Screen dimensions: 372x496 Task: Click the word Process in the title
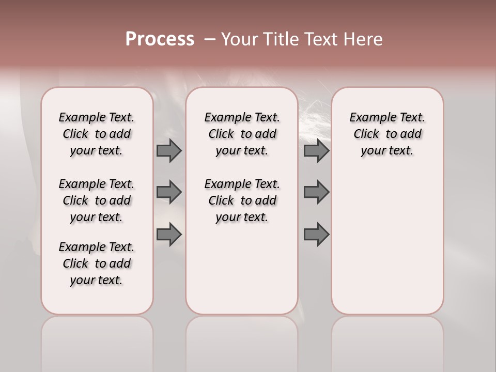click(x=160, y=39)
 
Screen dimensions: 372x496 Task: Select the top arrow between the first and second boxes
click(x=169, y=150)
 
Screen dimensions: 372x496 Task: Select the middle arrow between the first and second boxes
click(x=169, y=192)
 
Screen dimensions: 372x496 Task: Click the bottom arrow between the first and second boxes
click(x=169, y=235)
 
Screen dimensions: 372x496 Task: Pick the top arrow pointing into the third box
click(x=316, y=150)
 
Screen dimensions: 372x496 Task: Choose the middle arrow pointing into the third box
click(x=316, y=192)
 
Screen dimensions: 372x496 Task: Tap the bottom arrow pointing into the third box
click(x=316, y=235)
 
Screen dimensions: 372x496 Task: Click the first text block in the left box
click(x=97, y=134)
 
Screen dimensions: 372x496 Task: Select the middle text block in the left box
click(x=97, y=200)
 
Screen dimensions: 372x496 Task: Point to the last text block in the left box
click(x=97, y=263)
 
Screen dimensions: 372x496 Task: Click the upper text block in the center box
click(x=242, y=134)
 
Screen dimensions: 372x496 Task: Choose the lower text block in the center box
click(x=242, y=200)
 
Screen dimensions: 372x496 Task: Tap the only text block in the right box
click(x=387, y=134)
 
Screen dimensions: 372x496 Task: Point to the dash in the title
click(x=209, y=39)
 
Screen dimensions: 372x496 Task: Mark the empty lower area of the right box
click(x=387, y=243)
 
